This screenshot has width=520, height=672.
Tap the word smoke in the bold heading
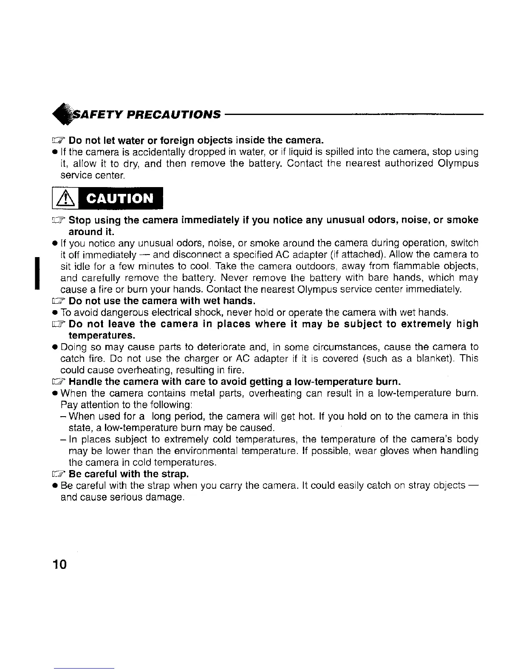coord(461,220)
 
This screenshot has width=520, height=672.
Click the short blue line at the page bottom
coord(84,668)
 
